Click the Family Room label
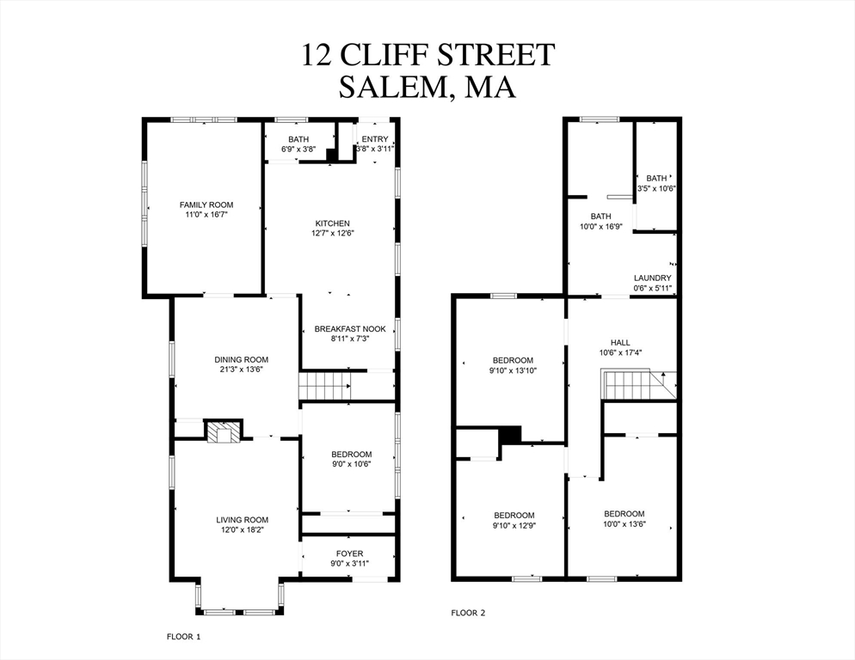[206, 205]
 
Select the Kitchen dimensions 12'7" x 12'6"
[331, 233]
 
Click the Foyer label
[349, 553]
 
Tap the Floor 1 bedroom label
[351, 455]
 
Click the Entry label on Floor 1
[375, 139]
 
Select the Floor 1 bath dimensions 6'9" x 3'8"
[298, 149]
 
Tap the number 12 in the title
[316, 54]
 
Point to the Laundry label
[652, 278]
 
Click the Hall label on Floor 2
[621, 341]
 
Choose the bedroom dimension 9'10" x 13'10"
[513, 370]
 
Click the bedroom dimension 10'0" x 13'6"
[624, 524]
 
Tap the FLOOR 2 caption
[469, 613]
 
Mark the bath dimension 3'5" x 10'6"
[656, 188]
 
